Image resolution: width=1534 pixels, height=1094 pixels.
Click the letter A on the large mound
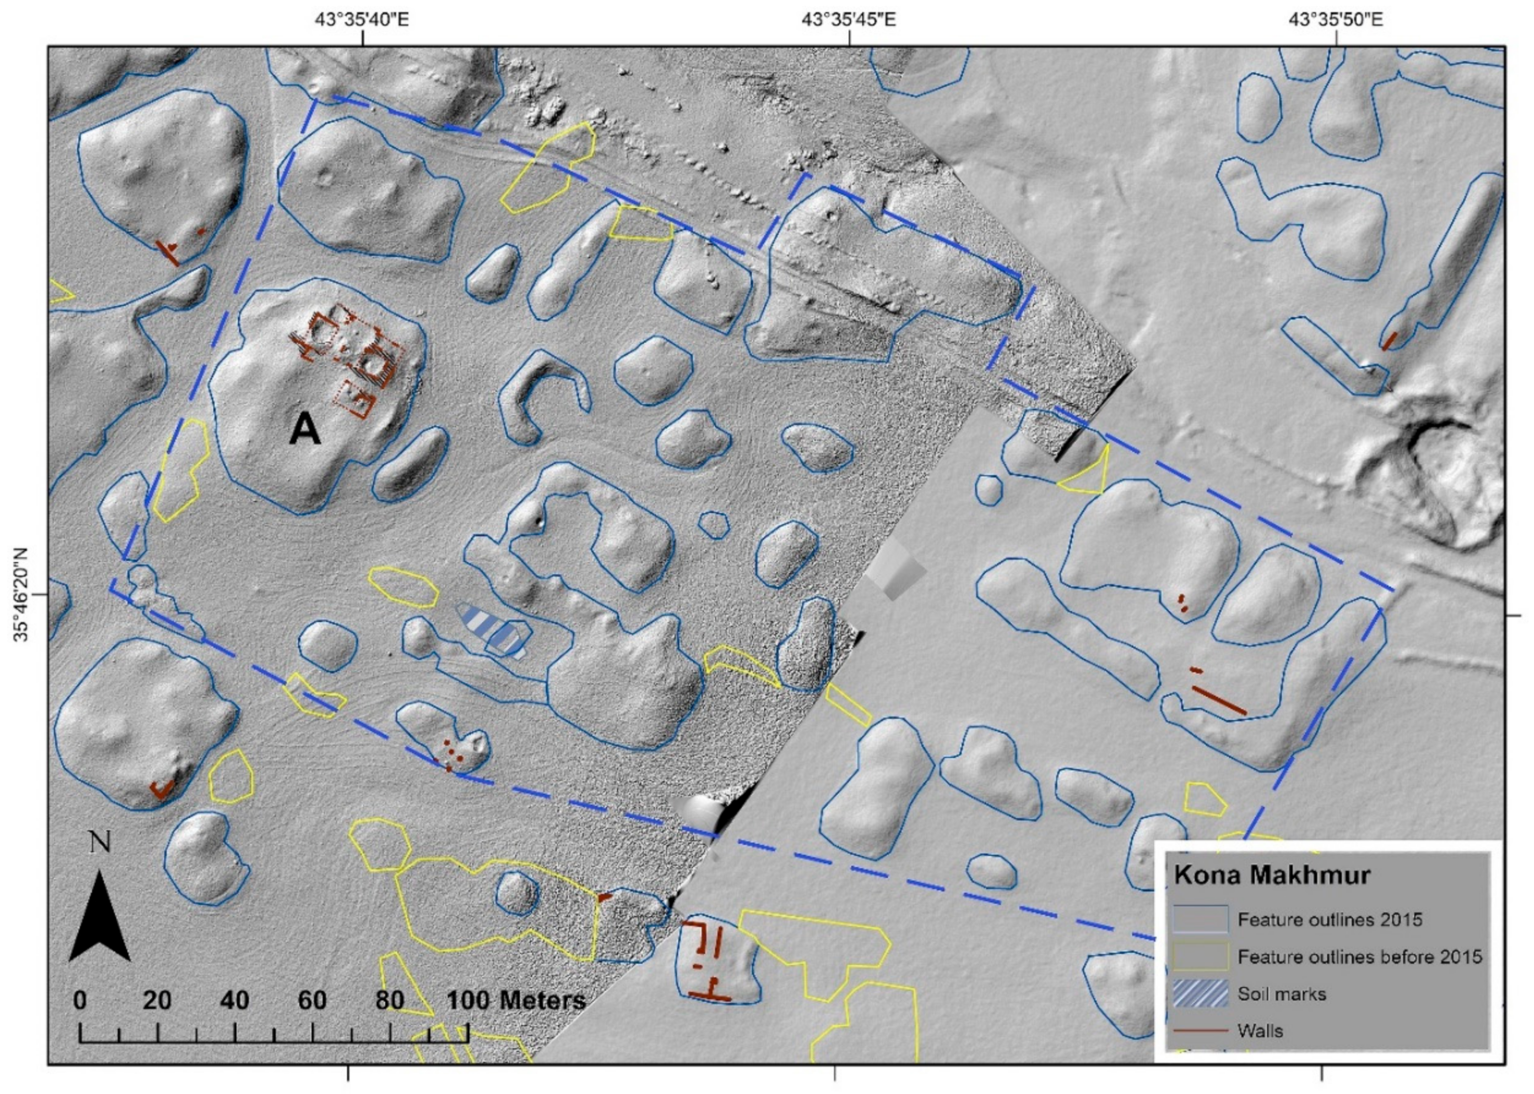(x=304, y=430)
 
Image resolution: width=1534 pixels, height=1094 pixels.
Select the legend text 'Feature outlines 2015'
(x=1330, y=920)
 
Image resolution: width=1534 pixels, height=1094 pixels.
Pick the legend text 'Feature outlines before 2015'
(x=1359, y=956)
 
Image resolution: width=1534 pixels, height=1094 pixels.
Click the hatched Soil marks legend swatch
(x=1200, y=994)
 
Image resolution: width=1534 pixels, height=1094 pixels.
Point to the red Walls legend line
(x=1200, y=1031)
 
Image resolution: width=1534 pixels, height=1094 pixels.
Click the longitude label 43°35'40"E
(x=363, y=20)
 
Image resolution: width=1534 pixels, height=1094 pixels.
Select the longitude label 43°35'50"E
(x=1336, y=20)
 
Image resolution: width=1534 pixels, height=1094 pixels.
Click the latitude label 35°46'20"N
(x=20, y=594)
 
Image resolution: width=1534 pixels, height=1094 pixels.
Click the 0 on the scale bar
(x=79, y=1001)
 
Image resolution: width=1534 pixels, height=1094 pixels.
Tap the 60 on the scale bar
(x=312, y=1001)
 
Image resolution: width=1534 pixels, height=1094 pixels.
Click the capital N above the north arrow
(x=100, y=844)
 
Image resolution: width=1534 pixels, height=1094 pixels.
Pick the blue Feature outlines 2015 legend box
(x=1200, y=920)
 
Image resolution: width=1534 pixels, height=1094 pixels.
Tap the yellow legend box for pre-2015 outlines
(x=1200, y=956)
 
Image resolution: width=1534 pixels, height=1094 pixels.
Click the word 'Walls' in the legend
(x=1260, y=1031)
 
